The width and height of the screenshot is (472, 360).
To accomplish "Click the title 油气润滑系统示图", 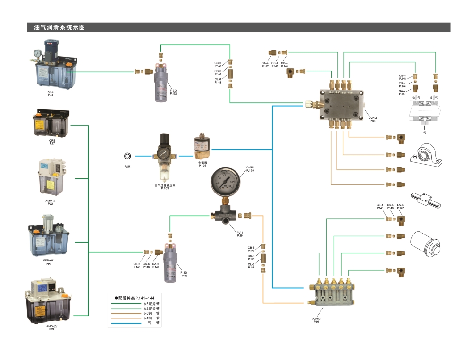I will pos(59,27).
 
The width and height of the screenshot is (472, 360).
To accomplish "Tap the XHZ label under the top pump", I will pos(51,92).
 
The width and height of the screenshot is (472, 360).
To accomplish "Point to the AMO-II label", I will pos(51,200).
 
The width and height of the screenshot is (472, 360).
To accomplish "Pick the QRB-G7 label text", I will pos(49,260).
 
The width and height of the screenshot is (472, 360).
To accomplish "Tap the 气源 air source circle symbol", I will pos(127,156).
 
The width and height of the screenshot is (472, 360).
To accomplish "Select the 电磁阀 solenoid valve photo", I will pos(202,147).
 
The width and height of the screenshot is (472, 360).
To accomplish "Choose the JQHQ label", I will pos(373,118).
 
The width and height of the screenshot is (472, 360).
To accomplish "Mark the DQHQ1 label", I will pos(316,318).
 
